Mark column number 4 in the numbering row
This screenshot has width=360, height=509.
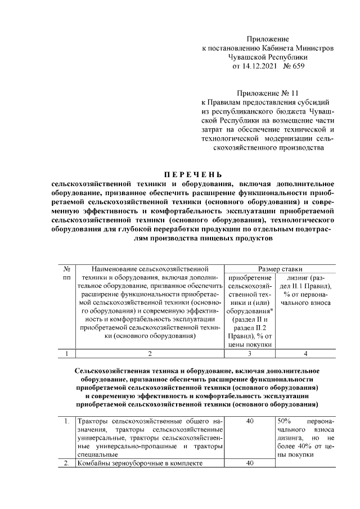[305, 354]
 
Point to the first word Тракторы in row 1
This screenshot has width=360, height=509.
[93, 421]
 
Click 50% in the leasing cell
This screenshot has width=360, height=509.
[284, 421]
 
